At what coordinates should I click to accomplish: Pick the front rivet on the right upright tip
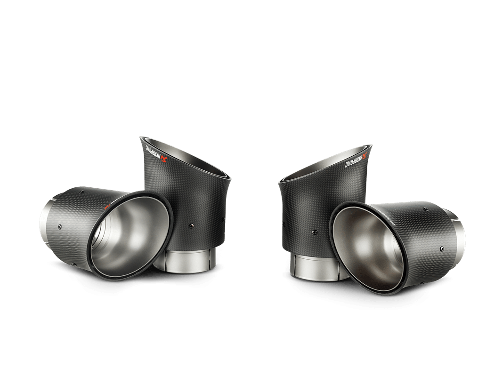(x=313, y=231)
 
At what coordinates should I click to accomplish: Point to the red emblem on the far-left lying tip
(x=107, y=206)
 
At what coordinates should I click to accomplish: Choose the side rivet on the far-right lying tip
(x=441, y=248)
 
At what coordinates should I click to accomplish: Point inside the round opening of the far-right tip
(x=372, y=245)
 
